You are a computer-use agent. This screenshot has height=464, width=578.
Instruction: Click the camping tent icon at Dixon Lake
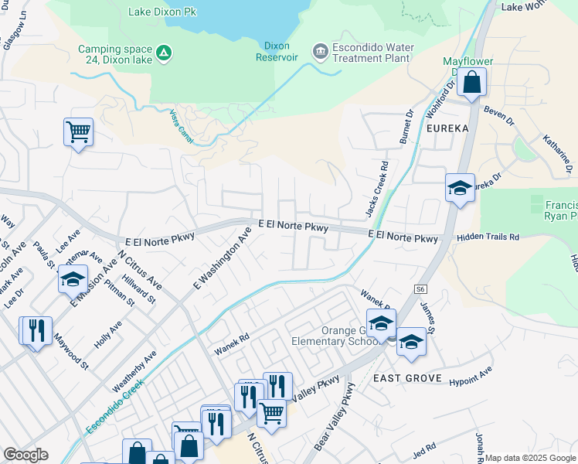pos(164,53)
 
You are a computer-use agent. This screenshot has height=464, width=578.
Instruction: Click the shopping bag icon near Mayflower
pos(471,82)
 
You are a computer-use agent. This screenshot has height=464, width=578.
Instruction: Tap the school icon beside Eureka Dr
pos(460,188)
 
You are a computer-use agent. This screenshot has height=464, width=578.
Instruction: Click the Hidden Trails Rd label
pos(488,237)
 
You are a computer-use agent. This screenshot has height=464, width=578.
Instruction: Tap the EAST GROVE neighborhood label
pos(407,378)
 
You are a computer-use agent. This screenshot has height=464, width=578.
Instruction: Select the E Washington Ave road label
pos(222,256)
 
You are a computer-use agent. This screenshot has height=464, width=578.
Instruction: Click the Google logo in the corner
pos(25,455)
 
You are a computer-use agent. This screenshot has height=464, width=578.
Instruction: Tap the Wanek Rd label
pos(232,343)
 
